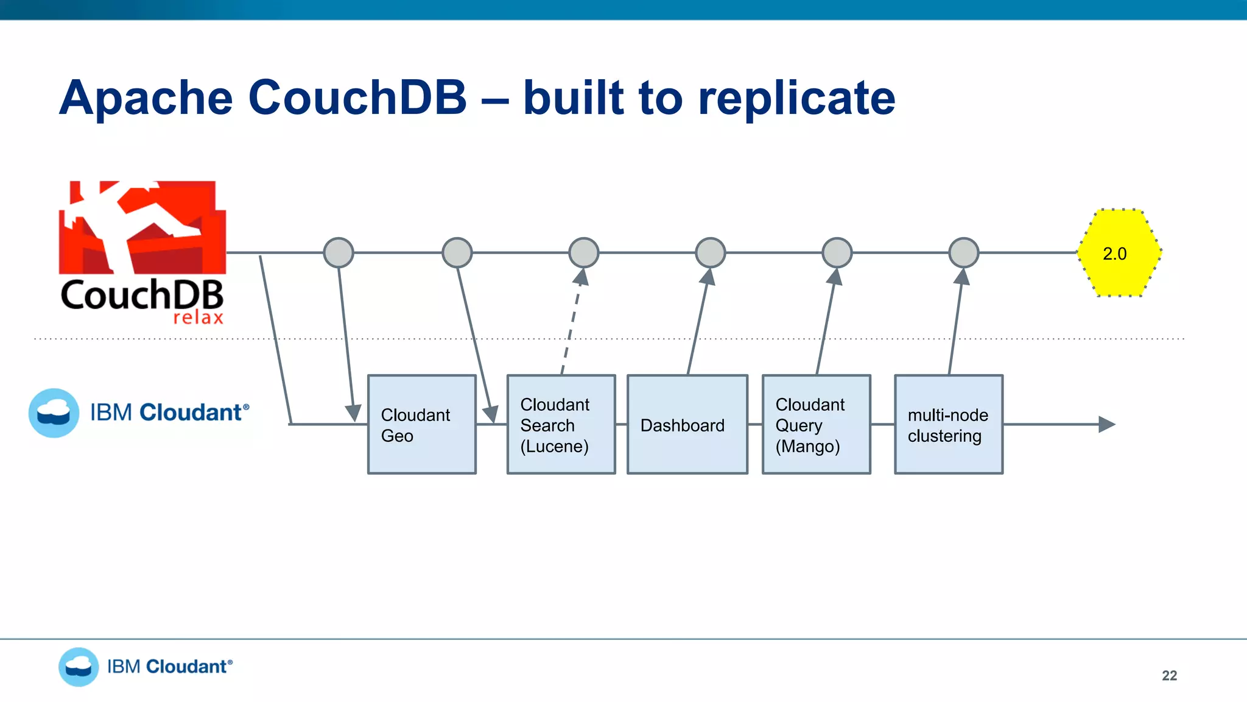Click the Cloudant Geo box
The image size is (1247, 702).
421,424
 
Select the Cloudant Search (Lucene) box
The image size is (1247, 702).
561,424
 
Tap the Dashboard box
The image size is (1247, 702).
687,424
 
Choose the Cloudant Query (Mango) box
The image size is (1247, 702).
816,424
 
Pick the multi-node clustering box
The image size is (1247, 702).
948,424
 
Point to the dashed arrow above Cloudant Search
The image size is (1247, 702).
571,323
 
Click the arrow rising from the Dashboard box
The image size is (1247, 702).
698,323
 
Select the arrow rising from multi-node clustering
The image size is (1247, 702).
956,323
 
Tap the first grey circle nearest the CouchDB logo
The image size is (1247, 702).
339,253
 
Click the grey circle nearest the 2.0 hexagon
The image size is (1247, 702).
963,253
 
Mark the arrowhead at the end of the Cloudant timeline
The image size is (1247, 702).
1106,424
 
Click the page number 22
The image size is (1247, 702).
1169,675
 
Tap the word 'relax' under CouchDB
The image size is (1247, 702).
198,317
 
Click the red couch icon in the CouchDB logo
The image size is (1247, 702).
142,227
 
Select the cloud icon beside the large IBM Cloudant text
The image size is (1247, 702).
54,413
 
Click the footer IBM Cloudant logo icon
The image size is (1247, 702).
79,667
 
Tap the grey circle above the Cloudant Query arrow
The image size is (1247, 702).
837,253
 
